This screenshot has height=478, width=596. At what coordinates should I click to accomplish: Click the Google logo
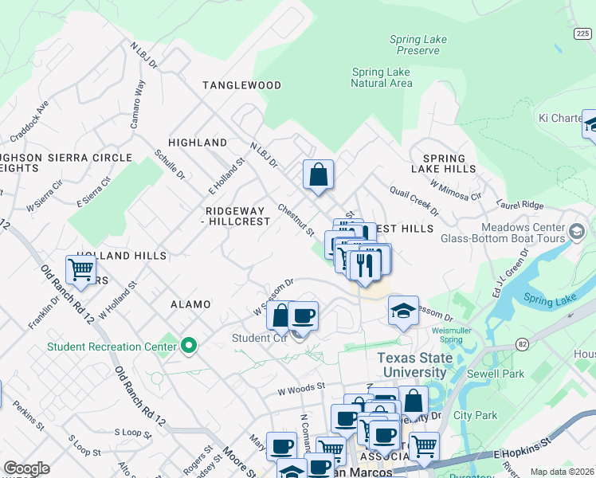coord(26,468)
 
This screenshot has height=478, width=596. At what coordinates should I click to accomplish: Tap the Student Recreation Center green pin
coord(189,346)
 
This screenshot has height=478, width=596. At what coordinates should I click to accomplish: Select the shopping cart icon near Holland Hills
coord(81,270)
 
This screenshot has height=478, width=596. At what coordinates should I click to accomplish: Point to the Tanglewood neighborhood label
coord(241,85)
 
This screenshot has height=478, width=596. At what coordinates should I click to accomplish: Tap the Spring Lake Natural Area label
coord(382,77)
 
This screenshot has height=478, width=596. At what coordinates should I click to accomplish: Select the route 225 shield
coord(583,33)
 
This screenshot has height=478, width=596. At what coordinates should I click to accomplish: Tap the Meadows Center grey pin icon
coord(577,233)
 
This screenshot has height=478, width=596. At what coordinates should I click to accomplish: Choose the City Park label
coord(475,415)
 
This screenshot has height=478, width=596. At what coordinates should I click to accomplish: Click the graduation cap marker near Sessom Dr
coord(404,311)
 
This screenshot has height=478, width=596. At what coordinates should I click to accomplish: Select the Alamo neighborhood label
coord(190,304)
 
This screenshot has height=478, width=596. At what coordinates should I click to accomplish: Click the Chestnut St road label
coord(296,219)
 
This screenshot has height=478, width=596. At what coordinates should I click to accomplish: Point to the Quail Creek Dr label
coord(414,201)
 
